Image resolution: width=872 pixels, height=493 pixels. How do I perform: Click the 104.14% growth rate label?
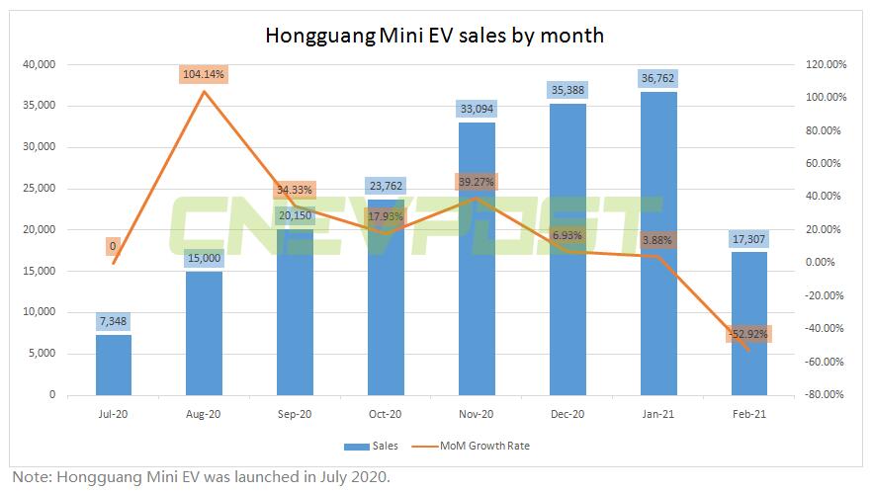point(204,74)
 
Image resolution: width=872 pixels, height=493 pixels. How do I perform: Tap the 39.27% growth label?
point(476,182)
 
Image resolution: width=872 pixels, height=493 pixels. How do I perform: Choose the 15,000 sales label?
point(204,258)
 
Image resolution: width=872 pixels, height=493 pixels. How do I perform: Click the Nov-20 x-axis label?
point(477,415)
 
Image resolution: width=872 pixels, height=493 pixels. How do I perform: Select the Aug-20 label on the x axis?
point(204,415)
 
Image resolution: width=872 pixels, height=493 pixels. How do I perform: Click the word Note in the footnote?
point(30,477)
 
